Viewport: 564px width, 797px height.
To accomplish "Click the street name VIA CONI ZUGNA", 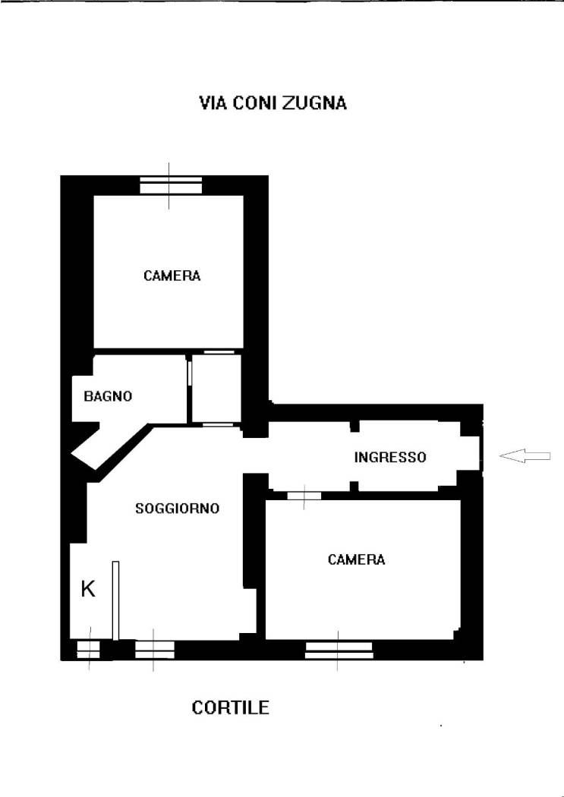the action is [x=273, y=103].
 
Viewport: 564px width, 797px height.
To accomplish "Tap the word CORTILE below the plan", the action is [x=230, y=707].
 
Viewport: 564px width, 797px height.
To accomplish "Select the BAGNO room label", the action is [x=108, y=396].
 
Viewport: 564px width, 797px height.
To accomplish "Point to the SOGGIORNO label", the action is [x=178, y=509].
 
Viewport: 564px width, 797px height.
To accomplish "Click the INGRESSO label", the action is [x=390, y=457].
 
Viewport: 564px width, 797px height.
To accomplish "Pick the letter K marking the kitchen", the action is [x=88, y=589].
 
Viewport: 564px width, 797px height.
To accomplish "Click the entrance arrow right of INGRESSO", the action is [x=525, y=456].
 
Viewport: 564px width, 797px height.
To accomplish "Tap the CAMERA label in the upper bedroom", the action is [x=172, y=276].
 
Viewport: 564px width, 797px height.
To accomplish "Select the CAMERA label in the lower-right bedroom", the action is [x=356, y=559].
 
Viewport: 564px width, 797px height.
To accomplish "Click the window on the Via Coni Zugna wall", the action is [x=171, y=185].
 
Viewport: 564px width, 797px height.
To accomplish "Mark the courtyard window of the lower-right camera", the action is [x=339, y=650].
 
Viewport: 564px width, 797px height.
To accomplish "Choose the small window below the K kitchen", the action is [x=88, y=650].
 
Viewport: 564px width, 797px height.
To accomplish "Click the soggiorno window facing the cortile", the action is [x=154, y=650].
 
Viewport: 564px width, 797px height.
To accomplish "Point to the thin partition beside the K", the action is [x=116, y=600].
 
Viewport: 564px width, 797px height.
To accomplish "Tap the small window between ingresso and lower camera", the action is [x=304, y=496].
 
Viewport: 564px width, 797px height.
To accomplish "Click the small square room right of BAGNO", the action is [x=216, y=389].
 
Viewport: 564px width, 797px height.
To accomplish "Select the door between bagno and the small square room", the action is [x=190, y=373].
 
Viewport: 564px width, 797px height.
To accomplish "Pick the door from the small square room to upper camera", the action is [x=219, y=351].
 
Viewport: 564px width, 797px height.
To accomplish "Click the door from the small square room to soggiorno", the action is [x=218, y=424].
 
